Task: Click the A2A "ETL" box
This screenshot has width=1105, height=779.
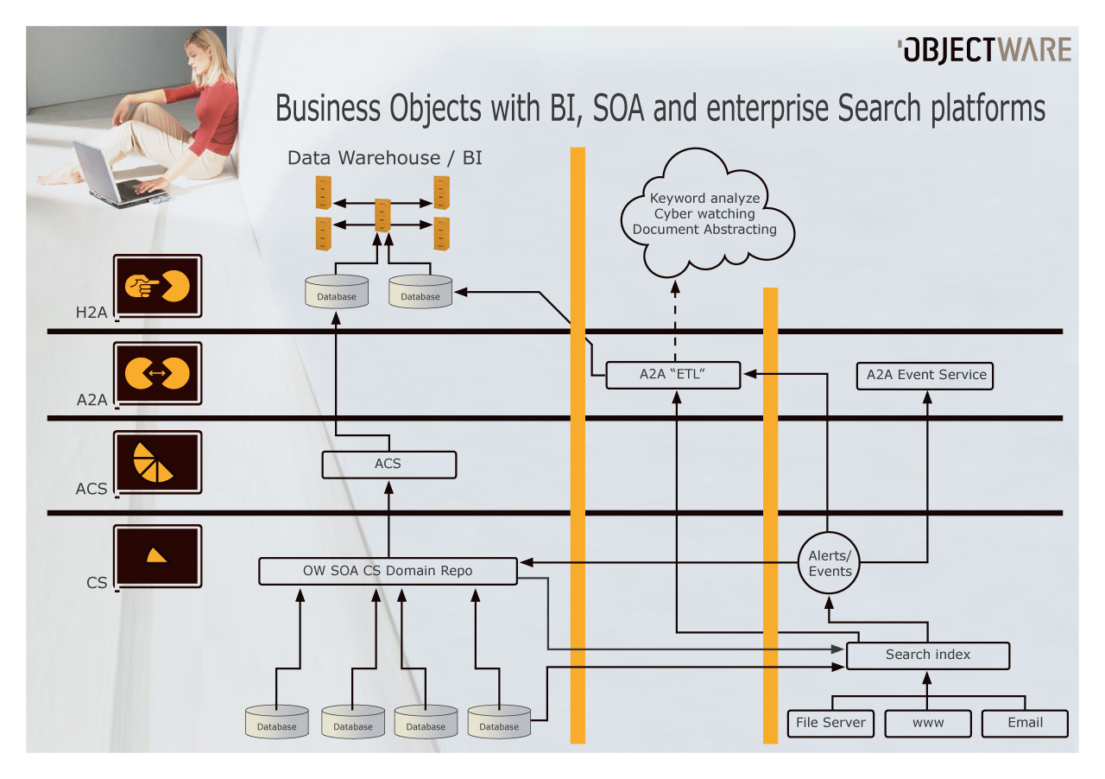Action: pyautogui.click(x=673, y=375)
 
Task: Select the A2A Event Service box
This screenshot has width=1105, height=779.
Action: pyautogui.click(x=925, y=376)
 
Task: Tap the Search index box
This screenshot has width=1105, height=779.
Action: pyautogui.click(x=927, y=655)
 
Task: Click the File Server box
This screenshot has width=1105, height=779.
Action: pyautogui.click(x=830, y=723)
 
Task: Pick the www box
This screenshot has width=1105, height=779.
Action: pyautogui.click(x=928, y=723)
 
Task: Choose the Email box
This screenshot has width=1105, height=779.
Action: pyautogui.click(x=1025, y=723)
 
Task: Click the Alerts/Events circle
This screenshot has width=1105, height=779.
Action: pyautogui.click(x=830, y=564)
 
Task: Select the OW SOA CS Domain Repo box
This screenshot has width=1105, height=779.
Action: pyautogui.click(x=388, y=571)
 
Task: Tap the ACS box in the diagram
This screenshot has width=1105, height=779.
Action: pyautogui.click(x=388, y=465)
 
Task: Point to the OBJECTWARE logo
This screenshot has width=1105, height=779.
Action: pyautogui.click(x=984, y=50)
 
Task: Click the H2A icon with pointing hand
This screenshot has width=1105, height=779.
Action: pyautogui.click(x=158, y=287)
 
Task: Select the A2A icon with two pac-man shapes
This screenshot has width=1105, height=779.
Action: pyautogui.click(x=158, y=373)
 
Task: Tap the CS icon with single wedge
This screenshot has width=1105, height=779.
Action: pyautogui.click(x=158, y=555)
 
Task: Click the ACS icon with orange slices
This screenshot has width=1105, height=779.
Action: pyautogui.click(x=158, y=462)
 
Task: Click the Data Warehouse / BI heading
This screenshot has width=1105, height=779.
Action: pyautogui.click(x=384, y=157)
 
